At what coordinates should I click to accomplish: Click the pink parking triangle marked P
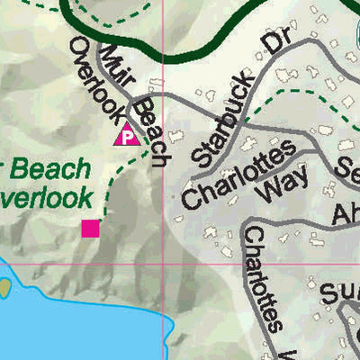pos(126,136)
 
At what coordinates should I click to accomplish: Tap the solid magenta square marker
pos(90,229)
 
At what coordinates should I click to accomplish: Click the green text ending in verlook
pos(47,195)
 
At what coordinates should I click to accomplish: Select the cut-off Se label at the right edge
pos(346,169)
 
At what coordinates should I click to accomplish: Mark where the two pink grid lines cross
pos(162,265)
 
